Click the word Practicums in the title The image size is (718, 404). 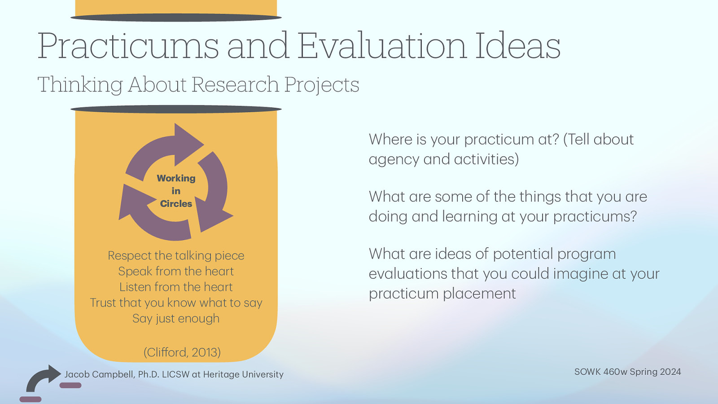127,46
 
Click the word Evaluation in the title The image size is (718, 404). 381,46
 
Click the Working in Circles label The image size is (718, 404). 176,191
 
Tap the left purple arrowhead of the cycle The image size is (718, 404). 130,202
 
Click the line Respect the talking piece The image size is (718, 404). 176,255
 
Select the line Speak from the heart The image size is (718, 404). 176,271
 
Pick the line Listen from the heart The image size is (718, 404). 176,287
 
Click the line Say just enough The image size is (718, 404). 176,318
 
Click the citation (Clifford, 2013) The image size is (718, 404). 182,352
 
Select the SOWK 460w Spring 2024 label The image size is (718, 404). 627,372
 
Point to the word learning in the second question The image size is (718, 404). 469,216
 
